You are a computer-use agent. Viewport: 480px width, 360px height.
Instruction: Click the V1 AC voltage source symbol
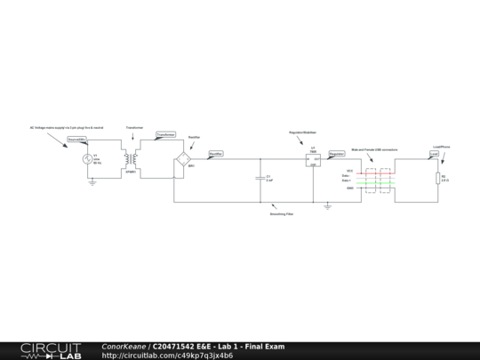point(89,161)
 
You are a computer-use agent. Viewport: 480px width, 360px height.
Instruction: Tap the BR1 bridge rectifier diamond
point(184,160)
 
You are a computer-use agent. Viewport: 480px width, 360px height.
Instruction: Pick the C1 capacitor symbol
point(259,178)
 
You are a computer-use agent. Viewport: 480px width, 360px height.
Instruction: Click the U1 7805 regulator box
point(313,160)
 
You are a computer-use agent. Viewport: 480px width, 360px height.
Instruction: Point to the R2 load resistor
point(436,178)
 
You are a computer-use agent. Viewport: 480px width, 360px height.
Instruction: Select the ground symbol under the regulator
point(328,207)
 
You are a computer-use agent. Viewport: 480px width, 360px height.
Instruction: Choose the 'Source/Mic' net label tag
point(77,140)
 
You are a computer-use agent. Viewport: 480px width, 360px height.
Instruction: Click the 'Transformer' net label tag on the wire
point(165,134)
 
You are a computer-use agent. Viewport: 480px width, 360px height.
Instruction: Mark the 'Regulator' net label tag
point(337,154)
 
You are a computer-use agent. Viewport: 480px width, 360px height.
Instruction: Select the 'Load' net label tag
point(435,154)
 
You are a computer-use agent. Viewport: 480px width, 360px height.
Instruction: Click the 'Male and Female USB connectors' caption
point(375,150)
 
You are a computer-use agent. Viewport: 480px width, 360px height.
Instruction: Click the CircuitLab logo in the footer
point(49,350)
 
